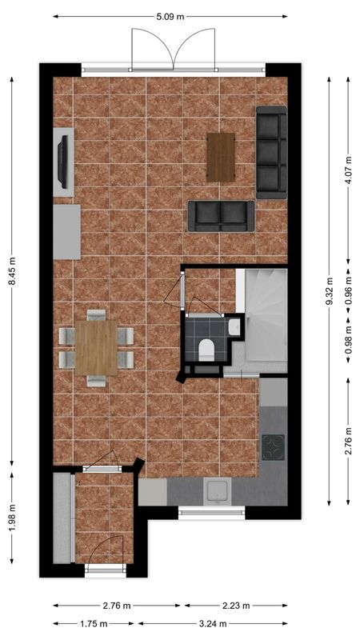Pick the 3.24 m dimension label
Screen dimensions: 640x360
[212, 623]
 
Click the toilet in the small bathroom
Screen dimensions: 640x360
[206, 348]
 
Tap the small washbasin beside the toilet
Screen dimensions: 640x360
[233, 326]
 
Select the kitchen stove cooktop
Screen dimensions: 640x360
[273, 446]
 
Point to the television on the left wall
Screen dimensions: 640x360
[62, 161]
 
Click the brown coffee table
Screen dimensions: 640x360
[221, 156]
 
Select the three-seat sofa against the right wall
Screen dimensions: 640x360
[271, 151]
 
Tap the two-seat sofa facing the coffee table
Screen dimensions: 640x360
[221, 215]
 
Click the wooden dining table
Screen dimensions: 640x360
[98, 347]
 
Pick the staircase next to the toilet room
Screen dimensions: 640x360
[265, 316]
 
